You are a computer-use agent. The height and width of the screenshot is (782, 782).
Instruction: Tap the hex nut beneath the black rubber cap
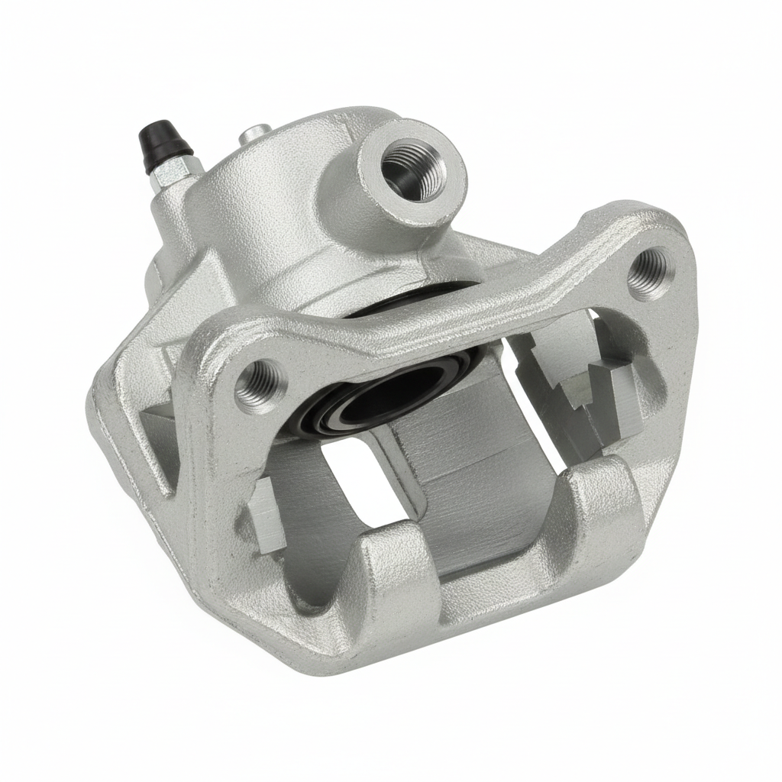click(167, 175)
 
